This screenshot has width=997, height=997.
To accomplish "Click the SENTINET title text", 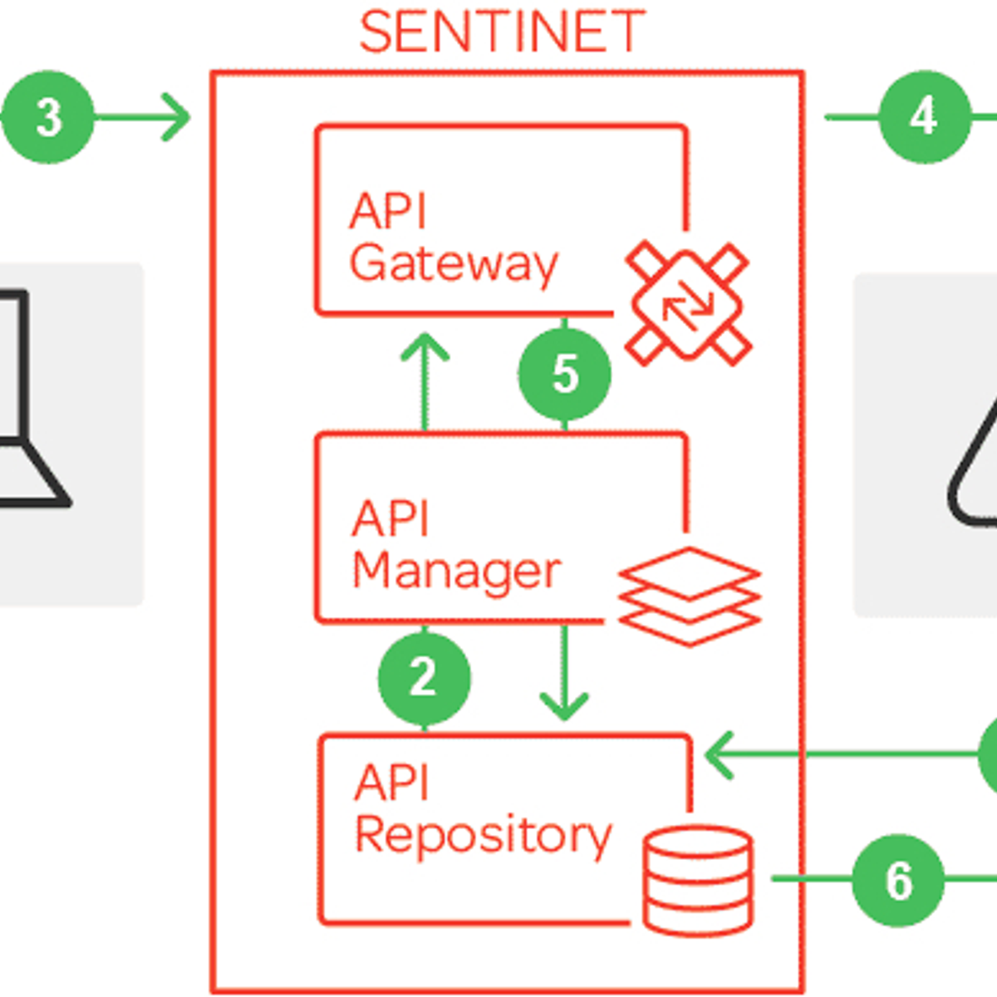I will point(502,32).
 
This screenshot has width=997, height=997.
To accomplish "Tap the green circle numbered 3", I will point(48,117).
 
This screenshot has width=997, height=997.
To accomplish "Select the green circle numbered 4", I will point(924,117).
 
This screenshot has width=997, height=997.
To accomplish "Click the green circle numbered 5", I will point(565,373).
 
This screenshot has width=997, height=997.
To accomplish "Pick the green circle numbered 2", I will point(424,677).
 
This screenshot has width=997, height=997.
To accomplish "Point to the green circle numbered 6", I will point(898,880).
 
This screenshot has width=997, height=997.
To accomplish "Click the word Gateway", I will point(454,264).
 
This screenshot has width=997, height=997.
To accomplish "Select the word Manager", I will point(456,571).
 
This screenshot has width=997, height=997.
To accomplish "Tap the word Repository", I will point(483,836).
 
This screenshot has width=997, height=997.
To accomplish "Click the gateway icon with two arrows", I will point(688,303).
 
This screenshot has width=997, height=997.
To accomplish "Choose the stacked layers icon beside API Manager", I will point(690,596).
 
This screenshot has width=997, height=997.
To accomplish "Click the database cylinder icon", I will point(698,879).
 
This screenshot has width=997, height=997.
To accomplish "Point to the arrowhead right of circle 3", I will point(176,117).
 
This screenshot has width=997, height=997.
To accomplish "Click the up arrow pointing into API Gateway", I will point(425,349).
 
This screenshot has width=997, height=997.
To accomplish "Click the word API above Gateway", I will point(387,211).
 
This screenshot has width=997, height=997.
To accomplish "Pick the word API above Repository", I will point(392,783).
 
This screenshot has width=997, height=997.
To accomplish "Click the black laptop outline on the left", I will point(25,399).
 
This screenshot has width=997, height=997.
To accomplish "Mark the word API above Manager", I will point(390,519).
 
